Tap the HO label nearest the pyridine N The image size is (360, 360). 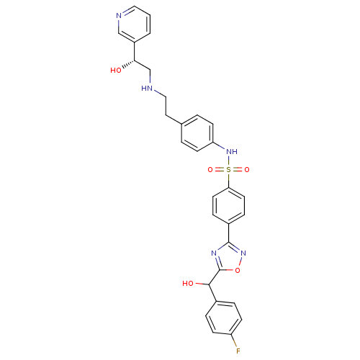coord(115,71)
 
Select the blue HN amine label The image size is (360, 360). coord(148,89)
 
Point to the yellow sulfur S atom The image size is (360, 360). coord(228,170)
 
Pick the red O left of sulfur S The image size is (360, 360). coord(210,170)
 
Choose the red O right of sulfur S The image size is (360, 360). coord(246,170)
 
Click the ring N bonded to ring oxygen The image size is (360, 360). coord(244,253)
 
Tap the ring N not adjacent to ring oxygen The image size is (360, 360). coord(215,253)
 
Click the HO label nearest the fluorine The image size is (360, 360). coord(188,284)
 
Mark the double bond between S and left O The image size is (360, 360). coord(219,170)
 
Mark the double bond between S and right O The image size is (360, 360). coord(238,170)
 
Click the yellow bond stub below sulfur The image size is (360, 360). coord(228,178)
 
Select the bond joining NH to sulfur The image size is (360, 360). coord(228,161)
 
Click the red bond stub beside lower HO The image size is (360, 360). coord(198,284)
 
